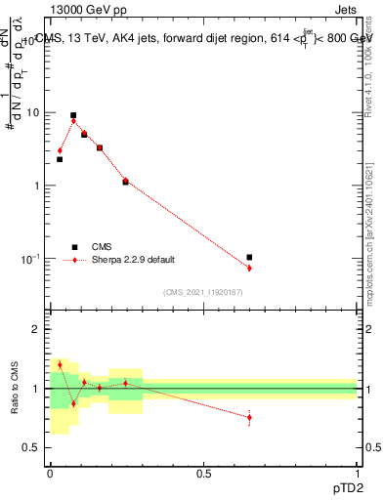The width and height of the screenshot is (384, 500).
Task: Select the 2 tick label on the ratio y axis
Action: (37, 329)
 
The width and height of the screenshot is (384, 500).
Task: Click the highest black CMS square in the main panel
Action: (73, 115)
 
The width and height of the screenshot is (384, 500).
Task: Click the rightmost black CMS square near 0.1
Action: (249, 257)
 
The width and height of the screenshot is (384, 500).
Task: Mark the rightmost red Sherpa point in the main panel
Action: (249, 268)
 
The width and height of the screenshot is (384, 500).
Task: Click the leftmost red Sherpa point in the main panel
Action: (60, 150)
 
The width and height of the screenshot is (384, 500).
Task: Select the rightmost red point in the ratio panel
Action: (249, 417)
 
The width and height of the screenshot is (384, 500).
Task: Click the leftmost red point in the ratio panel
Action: (60, 364)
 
